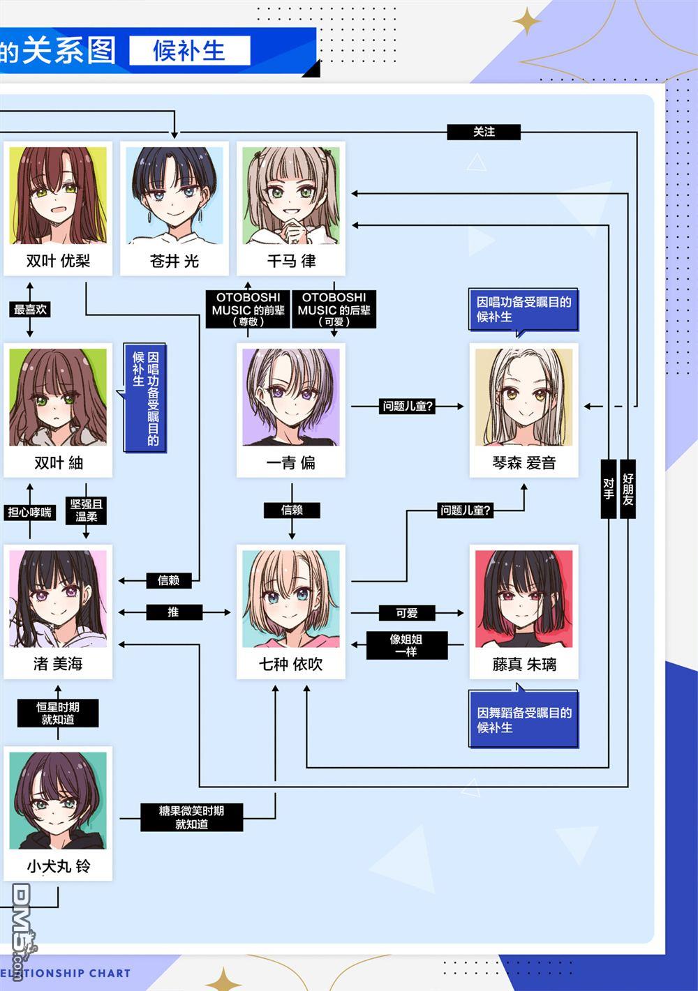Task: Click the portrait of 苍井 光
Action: pyautogui.click(x=174, y=195)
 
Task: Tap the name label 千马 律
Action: pyautogui.click(x=292, y=261)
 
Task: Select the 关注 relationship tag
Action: pyautogui.click(x=484, y=132)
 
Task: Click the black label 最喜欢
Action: pyautogui.click(x=30, y=309)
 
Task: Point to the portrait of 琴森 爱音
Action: pyautogui.click(x=524, y=398)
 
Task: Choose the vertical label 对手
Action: pyautogui.click(x=609, y=489)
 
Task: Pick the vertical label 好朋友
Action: pyautogui.click(x=628, y=489)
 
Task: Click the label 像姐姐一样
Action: pyautogui.click(x=406, y=646)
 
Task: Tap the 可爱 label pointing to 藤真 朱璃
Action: pyautogui.click(x=407, y=613)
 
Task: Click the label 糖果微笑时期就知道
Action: pyautogui.click(x=192, y=817)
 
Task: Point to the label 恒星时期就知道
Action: pyautogui.click(x=58, y=713)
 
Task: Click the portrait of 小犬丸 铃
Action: pyautogui.click(x=58, y=801)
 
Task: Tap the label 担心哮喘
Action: pyautogui.click(x=30, y=513)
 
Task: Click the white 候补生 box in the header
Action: pyautogui.click(x=190, y=50)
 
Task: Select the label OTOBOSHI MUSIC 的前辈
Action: pyautogui.click(x=248, y=309)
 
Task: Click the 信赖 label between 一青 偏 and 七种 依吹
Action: pyautogui.click(x=292, y=510)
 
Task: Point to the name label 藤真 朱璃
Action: pyautogui.click(x=524, y=664)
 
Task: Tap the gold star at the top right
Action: pyautogui.click(x=527, y=21)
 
